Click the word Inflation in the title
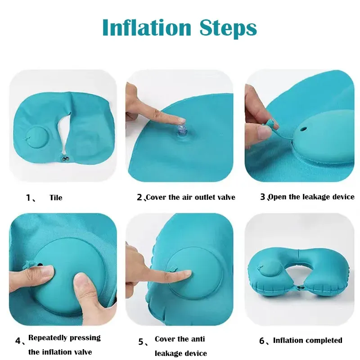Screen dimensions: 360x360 [x=147, y=27]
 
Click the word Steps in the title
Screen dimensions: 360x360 [x=228, y=29]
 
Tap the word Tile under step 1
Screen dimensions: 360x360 [x=56, y=198]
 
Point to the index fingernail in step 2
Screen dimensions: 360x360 [x=180, y=120]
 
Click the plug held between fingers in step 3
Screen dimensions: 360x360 [x=271, y=124]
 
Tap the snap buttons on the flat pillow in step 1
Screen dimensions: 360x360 [x=65, y=159]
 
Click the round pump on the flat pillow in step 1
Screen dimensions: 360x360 [x=37, y=138]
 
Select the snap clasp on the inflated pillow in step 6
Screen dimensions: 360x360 [x=299, y=287]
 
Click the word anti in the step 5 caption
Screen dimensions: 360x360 [x=198, y=339]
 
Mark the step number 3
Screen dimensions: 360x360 [x=263, y=197]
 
